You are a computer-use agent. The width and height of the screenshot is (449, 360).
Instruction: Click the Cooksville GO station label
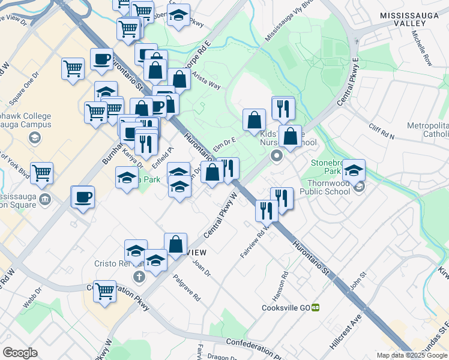[x=285, y=307]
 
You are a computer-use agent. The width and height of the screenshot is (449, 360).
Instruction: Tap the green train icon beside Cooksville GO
[x=315, y=307]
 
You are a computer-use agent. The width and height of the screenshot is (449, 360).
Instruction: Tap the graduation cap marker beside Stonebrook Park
[x=354, y=170]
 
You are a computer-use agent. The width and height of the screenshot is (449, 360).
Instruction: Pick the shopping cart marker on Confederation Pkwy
[x=104, y=292]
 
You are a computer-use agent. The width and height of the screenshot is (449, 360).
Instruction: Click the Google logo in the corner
[x=20, y=353]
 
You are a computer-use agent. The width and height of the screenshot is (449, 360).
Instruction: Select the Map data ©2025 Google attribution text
[x=412, y=355]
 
